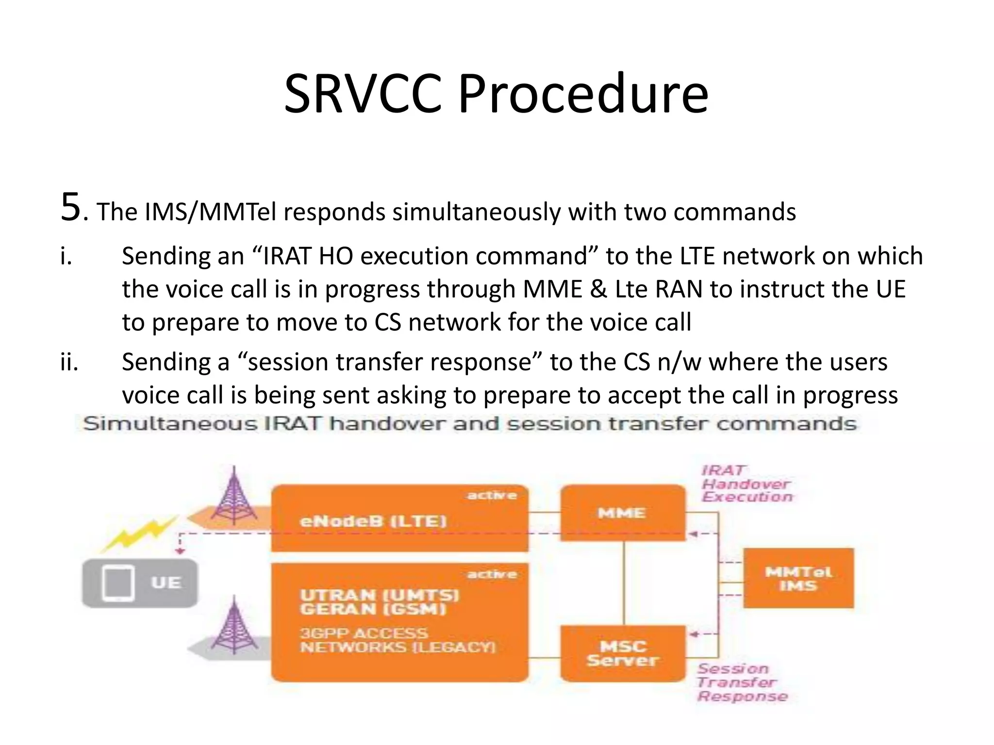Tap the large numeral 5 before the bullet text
coord(70,208)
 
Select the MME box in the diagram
coord(622,513)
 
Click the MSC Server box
coord(622,653)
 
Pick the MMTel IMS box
coord(798,578)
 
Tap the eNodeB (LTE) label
coord(373,521)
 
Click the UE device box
coord(140,583)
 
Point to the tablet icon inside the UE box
coord(118,583)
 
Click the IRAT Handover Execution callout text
coord(746,484)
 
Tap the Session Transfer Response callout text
coord(741,682)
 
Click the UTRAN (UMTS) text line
coord(379,595)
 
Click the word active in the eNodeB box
coord(491,495)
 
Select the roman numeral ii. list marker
coord(69,362)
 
